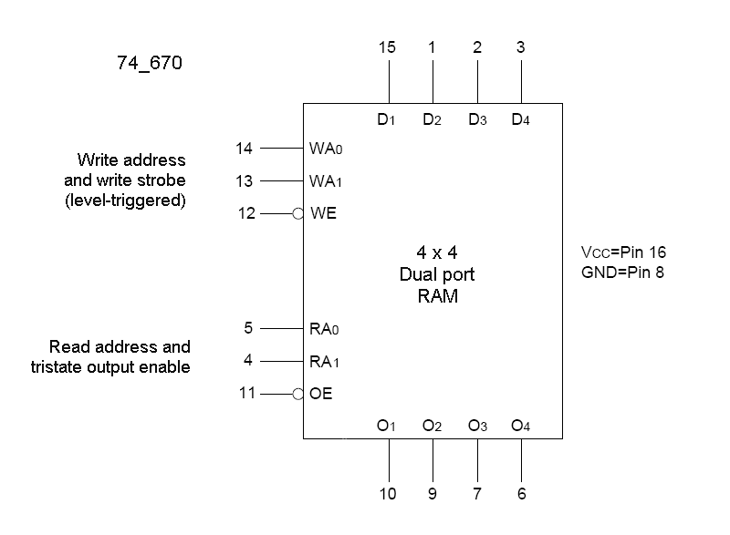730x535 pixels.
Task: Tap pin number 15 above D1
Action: click(387, 46)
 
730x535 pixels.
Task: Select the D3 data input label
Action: click(477, 120)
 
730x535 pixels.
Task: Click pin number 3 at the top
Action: click(521, 46)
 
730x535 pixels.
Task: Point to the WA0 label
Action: click(327, 148)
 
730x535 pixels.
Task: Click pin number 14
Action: click(244, 148)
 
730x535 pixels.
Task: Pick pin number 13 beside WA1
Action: click(244, 180)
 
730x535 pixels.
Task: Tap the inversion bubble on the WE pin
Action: click(298, 214)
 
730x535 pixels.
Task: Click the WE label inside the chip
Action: click(325, 214)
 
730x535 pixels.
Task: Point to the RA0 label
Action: click(326, 328)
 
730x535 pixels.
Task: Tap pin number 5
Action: click(248, 328)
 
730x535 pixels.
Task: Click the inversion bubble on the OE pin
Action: click(298, 394)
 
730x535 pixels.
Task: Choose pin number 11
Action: click(244, 394)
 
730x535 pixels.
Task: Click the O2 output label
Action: click(432, 426)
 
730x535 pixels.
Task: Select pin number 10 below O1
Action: click(388, 495)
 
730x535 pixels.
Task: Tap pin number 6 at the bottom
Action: click(521, 495)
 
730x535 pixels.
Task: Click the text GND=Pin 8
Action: click(621, 273)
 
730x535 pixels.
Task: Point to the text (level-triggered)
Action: click(126, 201)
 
